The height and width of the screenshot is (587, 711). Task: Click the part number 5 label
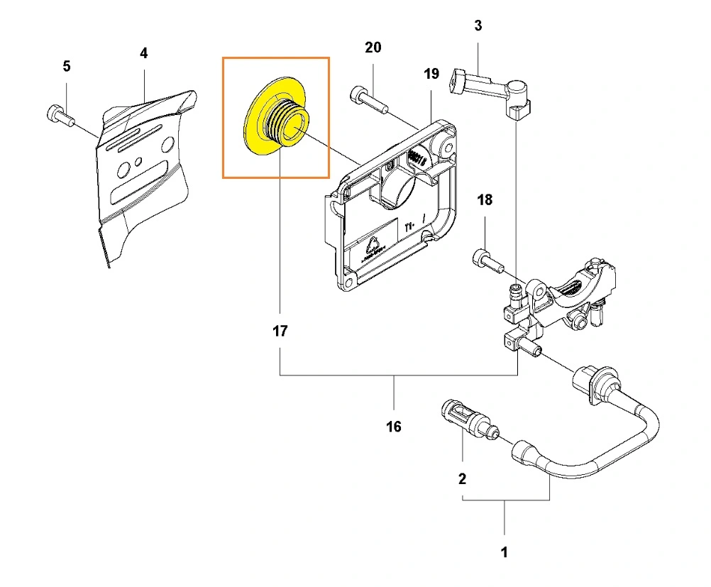[67, 66]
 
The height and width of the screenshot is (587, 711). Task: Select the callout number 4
[144, 53]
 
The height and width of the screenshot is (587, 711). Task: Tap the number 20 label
[373, 48]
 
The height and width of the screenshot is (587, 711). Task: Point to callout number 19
[432, 74]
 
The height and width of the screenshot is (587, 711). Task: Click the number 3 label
[478, 26]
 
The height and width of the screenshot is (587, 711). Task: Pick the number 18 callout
[485, 200]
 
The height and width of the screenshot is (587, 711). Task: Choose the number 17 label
[280, 331]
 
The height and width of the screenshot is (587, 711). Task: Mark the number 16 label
[394, 426]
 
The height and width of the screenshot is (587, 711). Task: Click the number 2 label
[463, 478]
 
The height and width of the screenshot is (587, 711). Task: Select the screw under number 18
[486, 260]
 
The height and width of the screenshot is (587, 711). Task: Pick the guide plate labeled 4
[142, 177]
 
